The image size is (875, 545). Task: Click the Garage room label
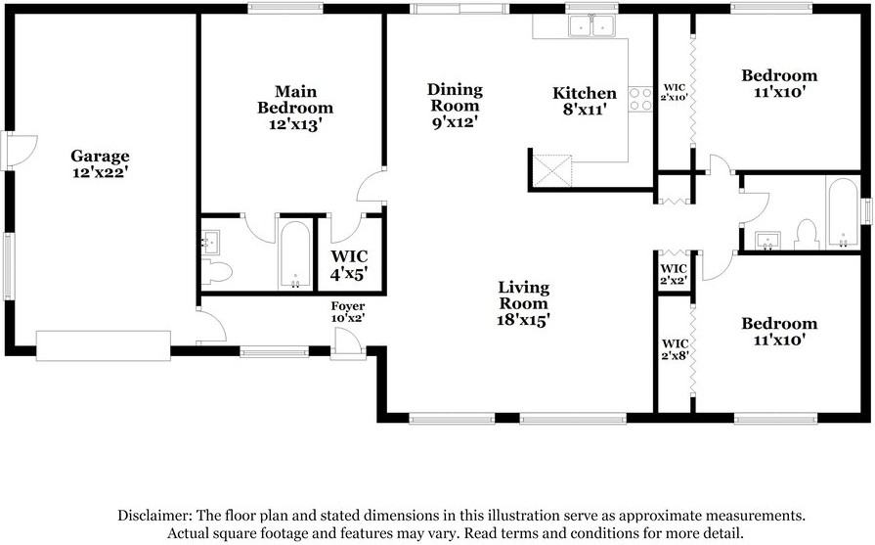(x=100, y=163)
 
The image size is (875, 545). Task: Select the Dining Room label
(x=454, y=106)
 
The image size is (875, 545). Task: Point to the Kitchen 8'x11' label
(x=585, y=102)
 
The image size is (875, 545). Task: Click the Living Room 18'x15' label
(x=523, y=303)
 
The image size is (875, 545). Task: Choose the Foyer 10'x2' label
(x=347, y=312)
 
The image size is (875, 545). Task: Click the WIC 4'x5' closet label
(x=348, y=265)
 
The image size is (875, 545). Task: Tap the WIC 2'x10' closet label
(x=674, y=91)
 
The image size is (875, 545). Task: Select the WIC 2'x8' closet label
(x=676, y=349)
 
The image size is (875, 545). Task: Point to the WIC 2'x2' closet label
(x=675, y=274)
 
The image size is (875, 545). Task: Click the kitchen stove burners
(x=641, y=99)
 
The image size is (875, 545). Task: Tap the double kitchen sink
(x=592, y=26)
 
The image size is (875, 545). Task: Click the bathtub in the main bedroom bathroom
(x=295, y=254)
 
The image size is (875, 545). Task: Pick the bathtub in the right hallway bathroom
(x=841, y=213)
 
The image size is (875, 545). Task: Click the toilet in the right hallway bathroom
(x=807, y=236)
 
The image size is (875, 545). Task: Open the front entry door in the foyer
(x=346, y=343)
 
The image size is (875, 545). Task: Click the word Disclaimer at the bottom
(x=155, y=515)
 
